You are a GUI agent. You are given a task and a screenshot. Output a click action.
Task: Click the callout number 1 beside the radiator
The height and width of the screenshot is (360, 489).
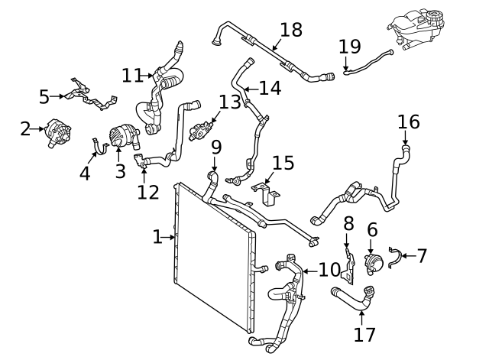157,237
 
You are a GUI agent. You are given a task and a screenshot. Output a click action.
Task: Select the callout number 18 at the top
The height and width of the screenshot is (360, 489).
291,30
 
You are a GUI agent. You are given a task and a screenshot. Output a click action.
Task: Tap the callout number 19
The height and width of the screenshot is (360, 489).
349,47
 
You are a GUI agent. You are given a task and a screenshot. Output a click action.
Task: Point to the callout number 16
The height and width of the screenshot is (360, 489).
409,122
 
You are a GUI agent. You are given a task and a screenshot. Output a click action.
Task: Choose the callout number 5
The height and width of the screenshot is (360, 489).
44,96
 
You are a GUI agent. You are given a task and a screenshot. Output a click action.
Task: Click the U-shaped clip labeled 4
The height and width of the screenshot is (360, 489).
98,145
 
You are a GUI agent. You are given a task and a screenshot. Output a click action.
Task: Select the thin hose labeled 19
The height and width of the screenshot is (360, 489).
368,61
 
